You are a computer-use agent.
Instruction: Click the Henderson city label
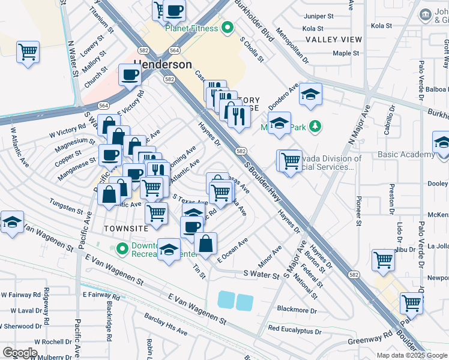(154, 64)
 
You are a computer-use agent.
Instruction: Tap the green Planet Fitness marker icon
(228, 27)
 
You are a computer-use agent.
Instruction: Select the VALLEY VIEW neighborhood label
(333, 40)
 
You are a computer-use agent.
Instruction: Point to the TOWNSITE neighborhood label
(125, 229)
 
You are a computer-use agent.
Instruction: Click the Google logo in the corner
(19, 352)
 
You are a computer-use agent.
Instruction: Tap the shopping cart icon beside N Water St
(28, 52)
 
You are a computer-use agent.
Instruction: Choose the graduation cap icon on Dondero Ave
(310, 94)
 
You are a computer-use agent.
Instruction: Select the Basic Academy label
(406, 154)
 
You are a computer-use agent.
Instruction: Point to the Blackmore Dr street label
(297, 310)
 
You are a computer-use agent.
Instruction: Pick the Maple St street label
(345, 53)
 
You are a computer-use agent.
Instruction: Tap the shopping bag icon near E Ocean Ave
(205, 243)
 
